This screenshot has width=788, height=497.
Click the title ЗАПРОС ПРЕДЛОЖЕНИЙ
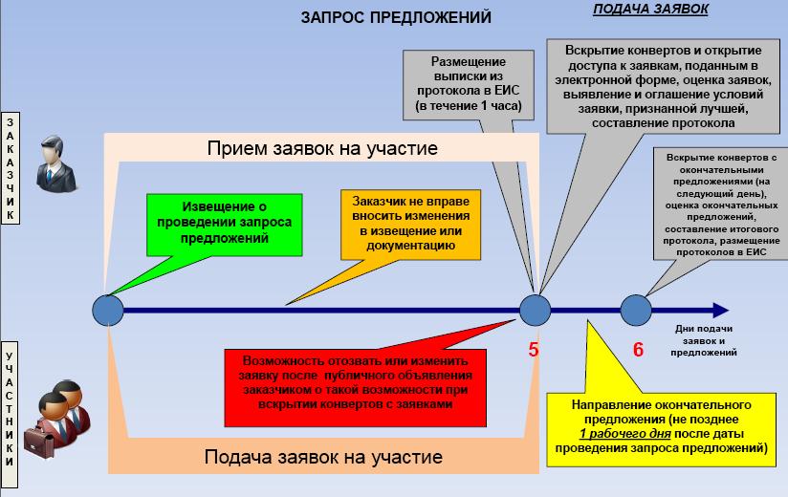point(396,17)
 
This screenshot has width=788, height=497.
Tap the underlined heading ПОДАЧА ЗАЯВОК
point(651,10)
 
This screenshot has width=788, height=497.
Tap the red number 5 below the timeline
point(534,350)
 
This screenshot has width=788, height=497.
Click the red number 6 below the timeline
point(638,350)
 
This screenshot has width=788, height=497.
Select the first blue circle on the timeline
point(108,310)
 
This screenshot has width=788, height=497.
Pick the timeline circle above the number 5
point(535,310)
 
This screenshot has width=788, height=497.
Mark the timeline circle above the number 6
point(636,310)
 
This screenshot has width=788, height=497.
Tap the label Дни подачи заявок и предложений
point(709,340)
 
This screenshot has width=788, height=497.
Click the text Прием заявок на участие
point(322,149)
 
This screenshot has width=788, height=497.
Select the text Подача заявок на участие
point(323,457)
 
